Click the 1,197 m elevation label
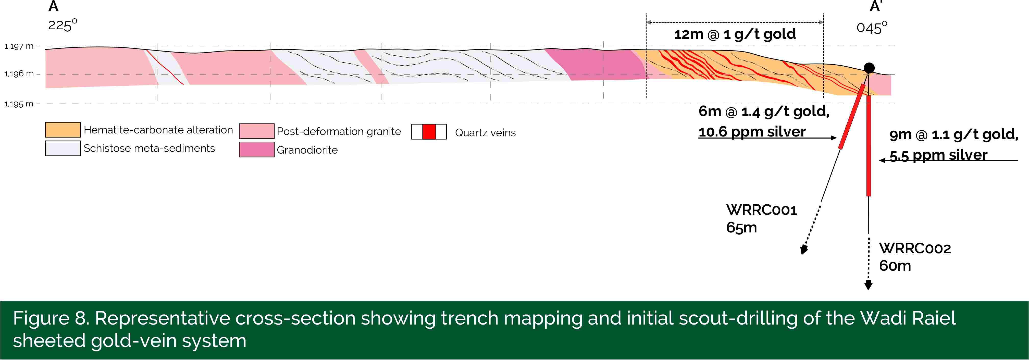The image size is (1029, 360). click(x=19, y=46)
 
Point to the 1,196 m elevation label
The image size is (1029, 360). click(x=19, y=74)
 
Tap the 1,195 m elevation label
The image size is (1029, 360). click(x=19, y=104)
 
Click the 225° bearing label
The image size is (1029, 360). click(x=63, y=25)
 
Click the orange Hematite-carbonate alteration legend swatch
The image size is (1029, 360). click(x=63, y=130)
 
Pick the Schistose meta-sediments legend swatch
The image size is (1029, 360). click(x=63, y=148)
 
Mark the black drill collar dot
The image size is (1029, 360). click(x=869, y=68)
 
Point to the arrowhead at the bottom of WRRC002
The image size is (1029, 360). click(x=869, y=285)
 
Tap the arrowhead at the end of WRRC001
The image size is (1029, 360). click(x=804, y=250)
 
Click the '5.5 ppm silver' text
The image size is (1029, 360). click(x=939, y=155)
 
